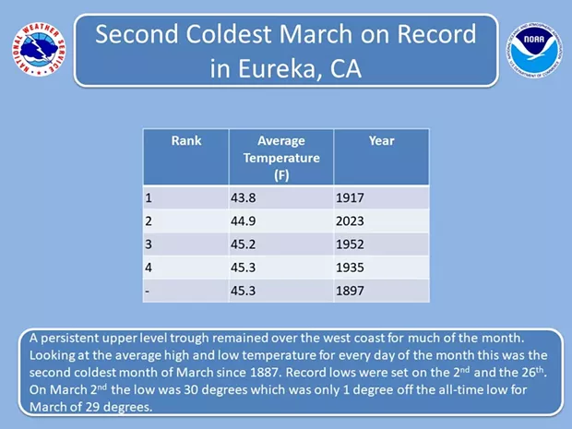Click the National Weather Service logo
coord(39,49)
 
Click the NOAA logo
coord(534,51)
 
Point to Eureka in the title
coord(276,68)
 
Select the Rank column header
coord(186,141)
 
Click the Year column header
coord(381,141)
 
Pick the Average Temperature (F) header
coord(281,158)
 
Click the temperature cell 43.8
coord(243,197)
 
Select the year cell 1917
coord(350,197)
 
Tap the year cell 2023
coord(350,221)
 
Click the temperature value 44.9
coord(243,221)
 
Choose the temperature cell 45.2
coord(243,244)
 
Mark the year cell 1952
coord(350,244)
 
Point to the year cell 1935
coord(350,268)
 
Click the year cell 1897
coord(350,291)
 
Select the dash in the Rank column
coord(147,292)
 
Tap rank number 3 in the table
coord(149,244)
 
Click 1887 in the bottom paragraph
coord(266,373)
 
